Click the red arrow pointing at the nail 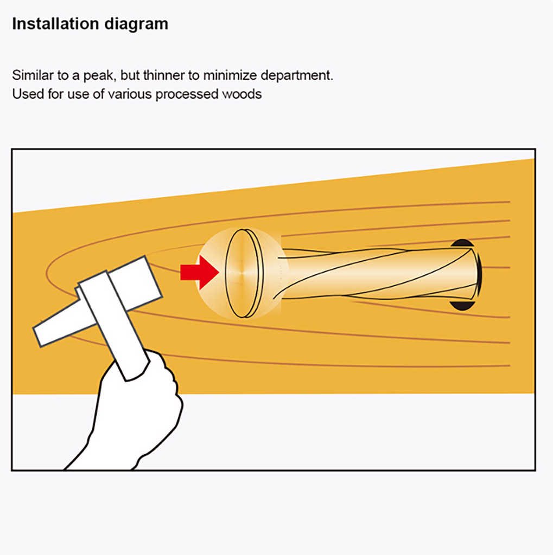[199, 273]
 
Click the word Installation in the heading [55, 24]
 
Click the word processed [187, 94]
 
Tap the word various [130, 94]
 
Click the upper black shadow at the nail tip [462, 243]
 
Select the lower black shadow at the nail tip [462, 306]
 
